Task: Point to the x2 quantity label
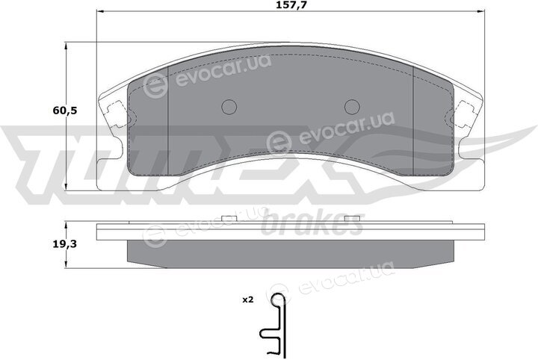(x=248, y=300)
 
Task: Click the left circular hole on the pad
(x=229, y=107)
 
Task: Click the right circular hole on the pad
(x=352, y=107)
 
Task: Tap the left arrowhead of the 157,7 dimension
(x=100, y=11)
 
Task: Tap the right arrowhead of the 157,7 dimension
(x=481, y=11)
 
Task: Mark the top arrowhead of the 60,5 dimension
(x=66, y=46)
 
